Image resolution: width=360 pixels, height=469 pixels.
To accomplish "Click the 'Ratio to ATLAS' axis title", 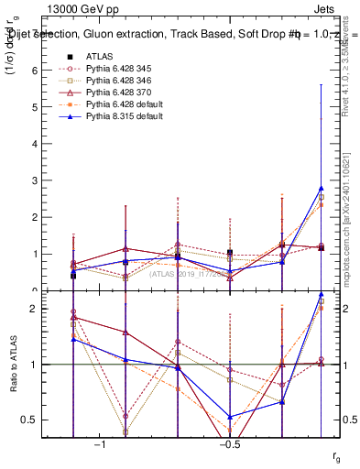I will point(12,365).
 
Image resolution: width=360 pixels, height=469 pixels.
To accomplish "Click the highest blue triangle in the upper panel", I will point(321,188).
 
